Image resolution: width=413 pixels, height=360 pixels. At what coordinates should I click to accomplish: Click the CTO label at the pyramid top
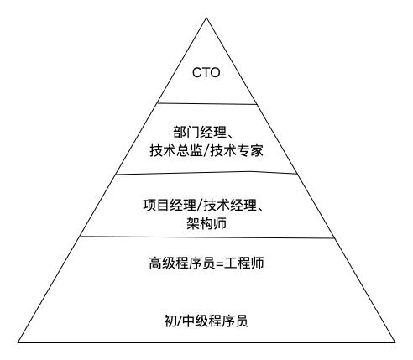pyautogui.click(x=206, y=73)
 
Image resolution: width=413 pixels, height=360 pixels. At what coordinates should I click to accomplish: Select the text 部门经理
pyautogui.click(x=200, y=132)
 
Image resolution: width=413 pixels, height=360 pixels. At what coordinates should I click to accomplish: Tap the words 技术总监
pyautogui.click(x=176, y=151)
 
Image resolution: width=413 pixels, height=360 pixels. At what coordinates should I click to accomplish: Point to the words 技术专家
pyautogui.click(x=237, y=151)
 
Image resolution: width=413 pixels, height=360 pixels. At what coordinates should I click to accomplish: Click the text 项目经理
pyautogui.click(x=170, y=205)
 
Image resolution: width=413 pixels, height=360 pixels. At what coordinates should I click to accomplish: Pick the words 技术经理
pyautogui.click(x=230, y=205)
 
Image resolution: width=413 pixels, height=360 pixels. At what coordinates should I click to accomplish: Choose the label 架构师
pyautogui.click(x=206, y=223)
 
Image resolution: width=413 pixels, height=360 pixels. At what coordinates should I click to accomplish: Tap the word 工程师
pyautogui.click(x=244, y=263)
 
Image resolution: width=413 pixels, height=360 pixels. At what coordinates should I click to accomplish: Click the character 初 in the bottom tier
pyautogui.click(x=170, y=321)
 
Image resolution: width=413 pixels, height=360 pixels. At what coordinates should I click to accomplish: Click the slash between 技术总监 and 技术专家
pyautogui.click(x=206, y=151)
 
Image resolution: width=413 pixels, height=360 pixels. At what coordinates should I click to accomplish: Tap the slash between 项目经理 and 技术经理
pyautogui.click(x=200, y=206)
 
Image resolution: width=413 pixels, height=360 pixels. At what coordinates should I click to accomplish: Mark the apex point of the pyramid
pyautogui.click(x=206, y=18)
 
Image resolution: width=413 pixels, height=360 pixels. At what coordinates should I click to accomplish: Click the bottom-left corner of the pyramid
pyautogui.click(x=18, y=342)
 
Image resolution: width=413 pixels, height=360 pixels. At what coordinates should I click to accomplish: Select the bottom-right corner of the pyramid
pyautogui.click(x=395, y=342)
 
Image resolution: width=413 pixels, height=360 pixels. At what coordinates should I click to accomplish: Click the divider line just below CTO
pyautogui.click(x=207, y=104)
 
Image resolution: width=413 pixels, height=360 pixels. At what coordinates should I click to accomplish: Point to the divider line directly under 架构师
pyautogui.click(x=207, y=237)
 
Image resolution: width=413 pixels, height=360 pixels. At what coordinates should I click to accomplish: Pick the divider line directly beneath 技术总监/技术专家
pyautogui.click(x=206, y=173)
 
